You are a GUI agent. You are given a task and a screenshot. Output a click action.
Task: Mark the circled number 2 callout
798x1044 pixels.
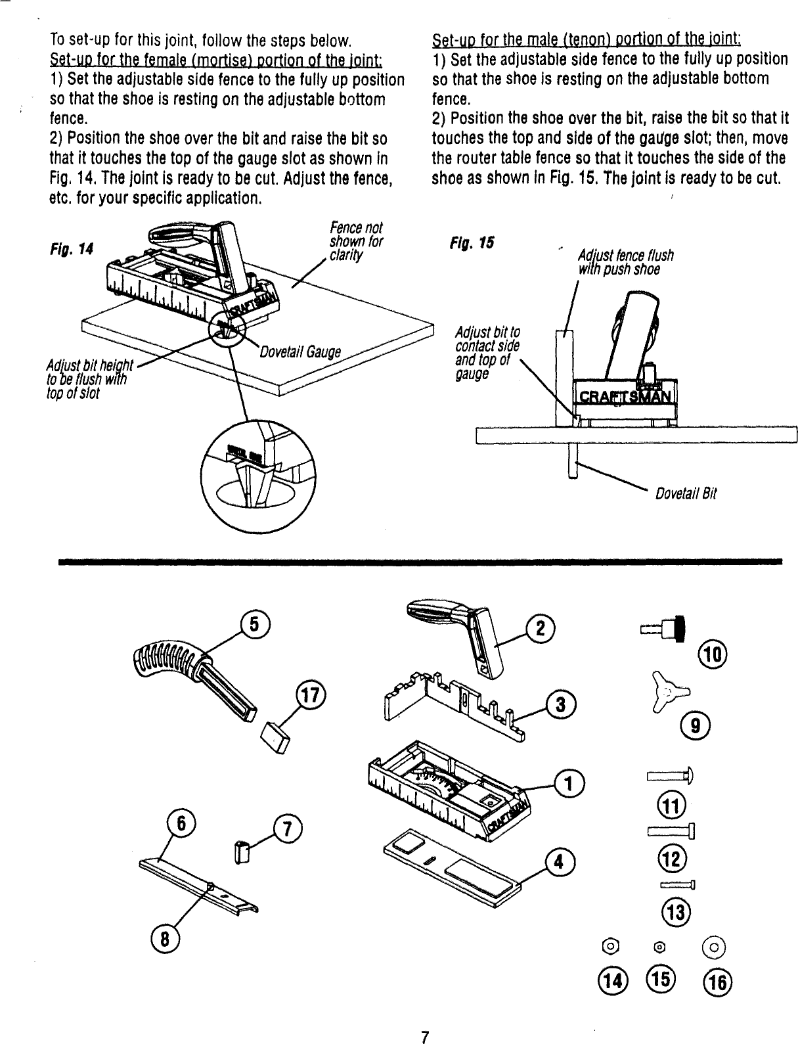pyautogui.click(x=541, y=629)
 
